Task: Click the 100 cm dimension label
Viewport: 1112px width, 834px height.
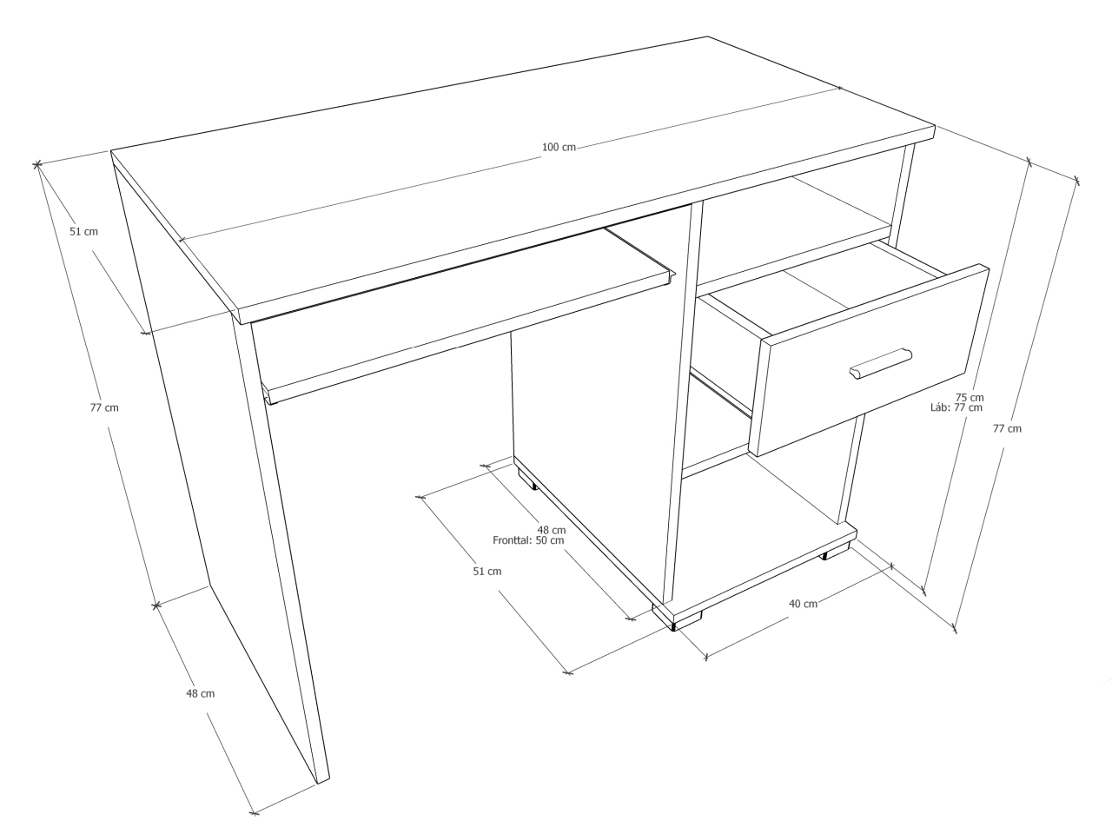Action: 559,147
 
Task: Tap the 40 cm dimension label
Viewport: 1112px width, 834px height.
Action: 803,604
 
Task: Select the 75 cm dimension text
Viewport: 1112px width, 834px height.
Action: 970,398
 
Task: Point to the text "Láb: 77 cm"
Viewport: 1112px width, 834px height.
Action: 956,407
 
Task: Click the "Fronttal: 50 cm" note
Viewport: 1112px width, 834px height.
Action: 528,539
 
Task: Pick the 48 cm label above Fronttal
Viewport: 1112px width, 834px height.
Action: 551,530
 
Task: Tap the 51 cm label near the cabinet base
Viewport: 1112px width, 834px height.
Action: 486,571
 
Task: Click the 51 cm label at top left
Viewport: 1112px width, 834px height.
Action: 83,231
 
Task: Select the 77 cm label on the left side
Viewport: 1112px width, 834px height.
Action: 104,407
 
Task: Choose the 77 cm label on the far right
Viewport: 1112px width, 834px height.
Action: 1007,428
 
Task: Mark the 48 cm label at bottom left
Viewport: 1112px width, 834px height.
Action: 200,693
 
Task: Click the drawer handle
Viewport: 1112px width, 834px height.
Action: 881,363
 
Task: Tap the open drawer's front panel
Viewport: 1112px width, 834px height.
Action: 869,361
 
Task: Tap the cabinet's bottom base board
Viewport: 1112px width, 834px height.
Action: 755,573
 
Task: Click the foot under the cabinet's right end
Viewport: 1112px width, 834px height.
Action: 836,552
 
